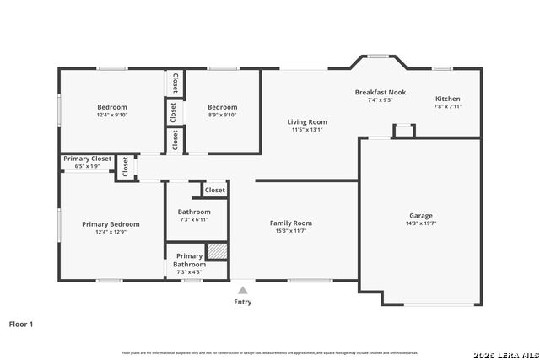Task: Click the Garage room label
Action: (x=420, y=216)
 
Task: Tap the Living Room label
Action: (x=307, y=122)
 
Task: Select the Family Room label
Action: (x=291, y=223)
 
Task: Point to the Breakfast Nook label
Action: (x=381, y=92)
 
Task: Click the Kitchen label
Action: (x=447, y=99)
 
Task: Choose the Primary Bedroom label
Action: (x=111, y=224)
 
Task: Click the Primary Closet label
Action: (x=88, y=159)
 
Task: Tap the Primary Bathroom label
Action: (x=189, y=260)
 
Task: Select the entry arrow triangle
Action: (x=242, y=290)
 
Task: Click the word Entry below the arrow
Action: (x=242, y=302)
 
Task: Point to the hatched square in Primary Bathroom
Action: (x=218, y=252)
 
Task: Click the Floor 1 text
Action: (x=22, y=324)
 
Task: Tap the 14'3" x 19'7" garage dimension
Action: (x=420, y=223)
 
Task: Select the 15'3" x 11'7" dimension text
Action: (x=291, y=231)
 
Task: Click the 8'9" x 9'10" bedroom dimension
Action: (x=223, y=115)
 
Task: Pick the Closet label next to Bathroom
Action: (x=215, y=191)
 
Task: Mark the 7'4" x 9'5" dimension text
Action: (x=381, y=99)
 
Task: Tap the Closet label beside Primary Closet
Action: (x=126, y=167)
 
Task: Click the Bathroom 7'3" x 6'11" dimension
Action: (x=194, y=219)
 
